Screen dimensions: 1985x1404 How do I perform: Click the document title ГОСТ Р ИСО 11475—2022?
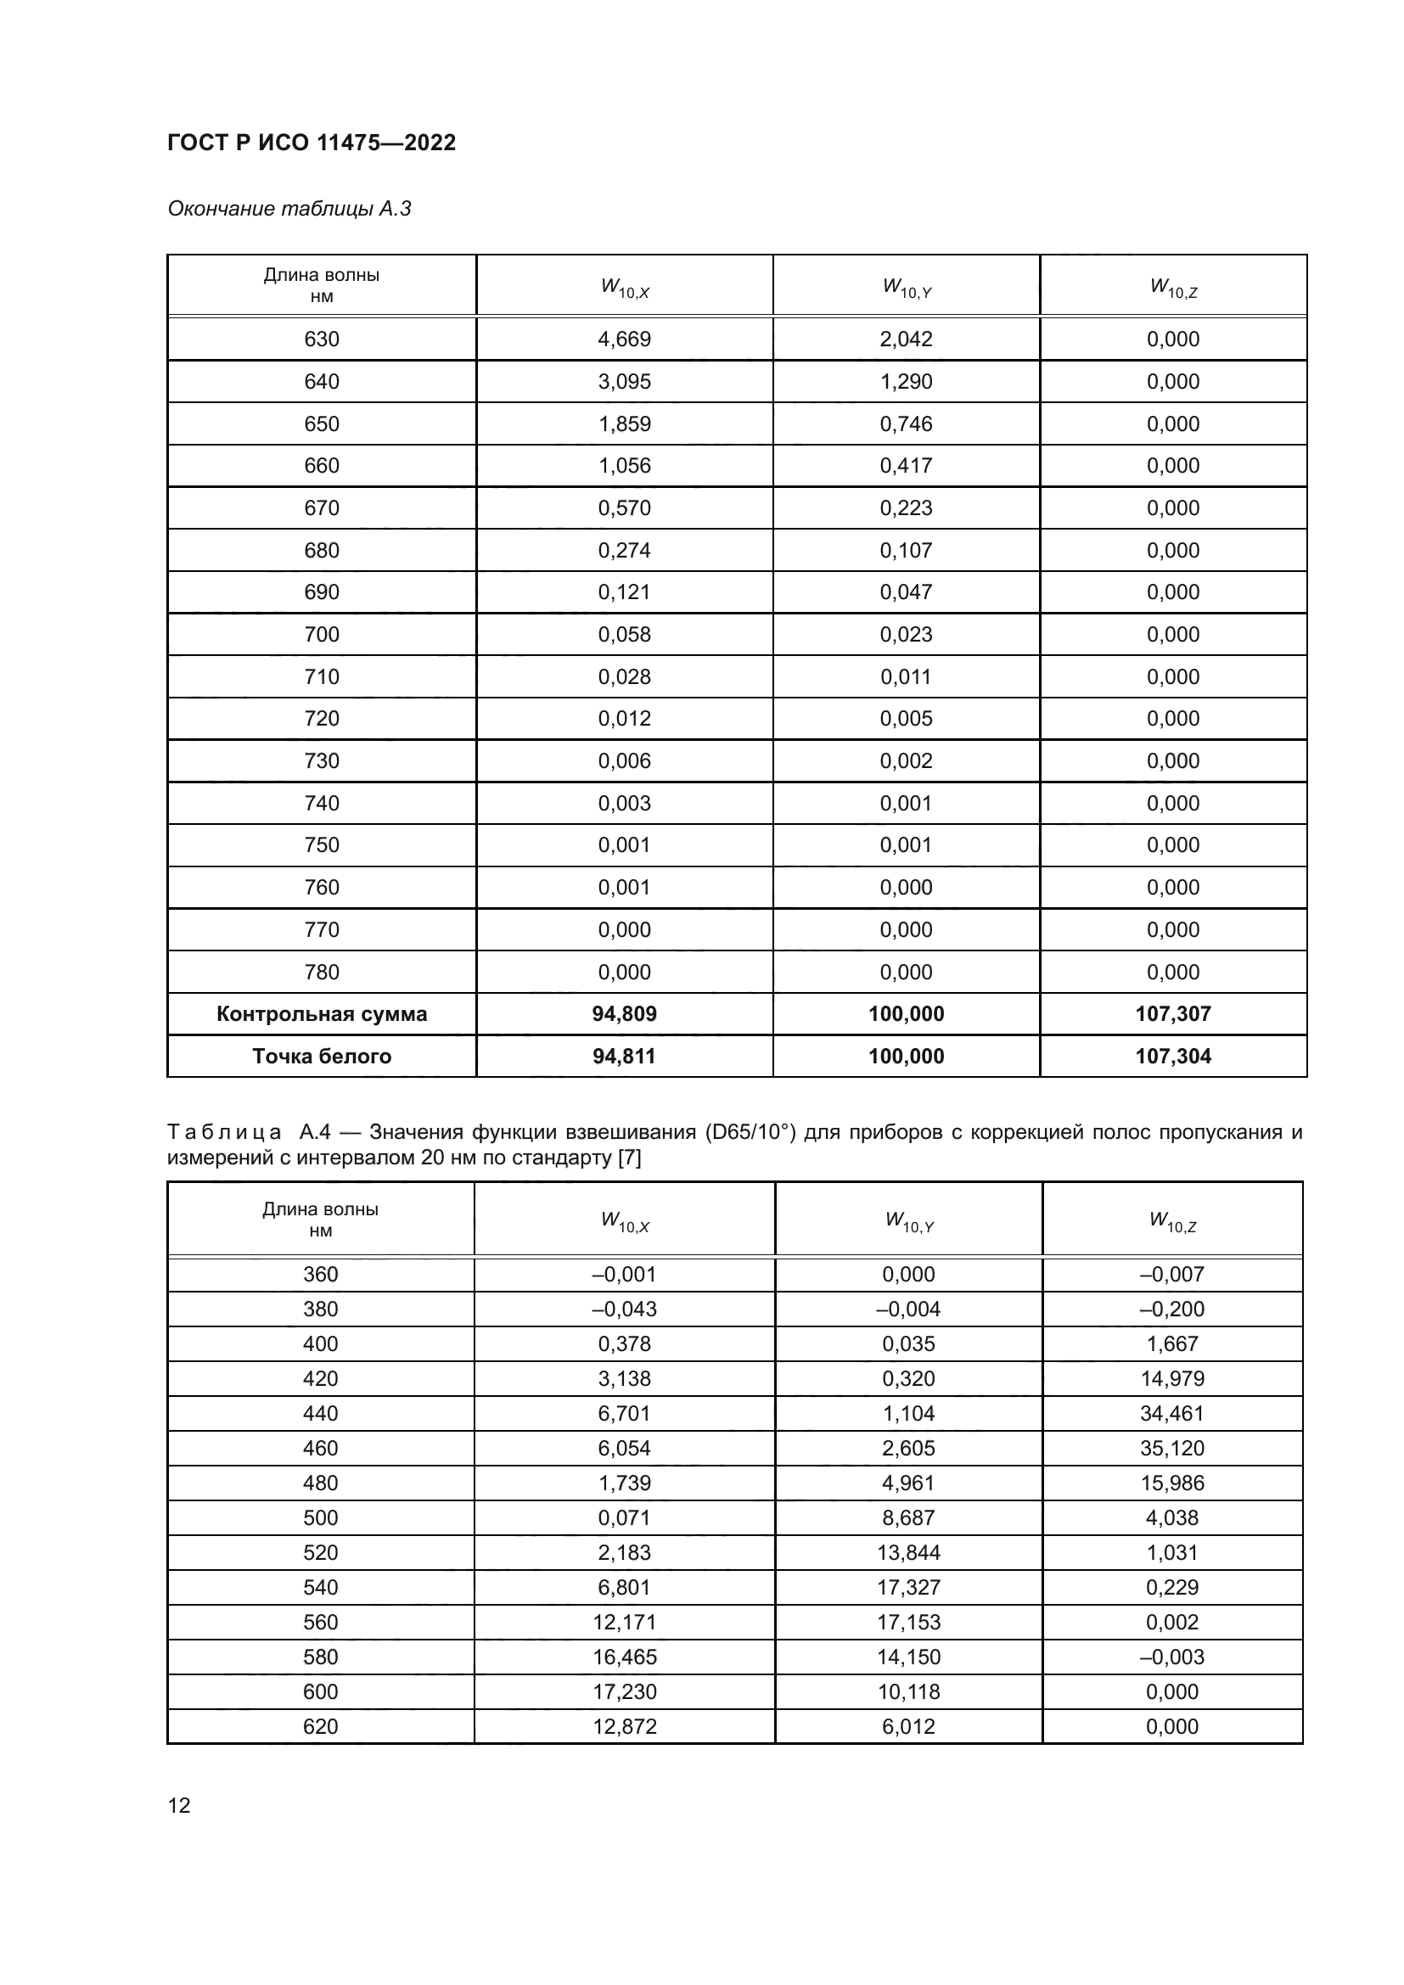(312, 143)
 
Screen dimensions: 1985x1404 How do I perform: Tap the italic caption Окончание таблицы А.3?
(289, 209)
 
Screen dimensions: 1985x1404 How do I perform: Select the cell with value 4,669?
(624, 339)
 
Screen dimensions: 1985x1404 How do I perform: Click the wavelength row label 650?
(322, 423)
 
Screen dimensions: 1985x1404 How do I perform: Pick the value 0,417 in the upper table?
(906, 466)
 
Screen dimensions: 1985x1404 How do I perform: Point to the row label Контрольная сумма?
(322, 1014)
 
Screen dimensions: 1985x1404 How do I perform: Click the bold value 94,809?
(624, 1014)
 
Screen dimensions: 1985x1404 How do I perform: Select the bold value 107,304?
(1173, 1057)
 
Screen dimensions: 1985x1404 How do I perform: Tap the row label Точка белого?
(322, 1057)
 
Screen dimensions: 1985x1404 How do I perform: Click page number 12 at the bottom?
(179, 1805)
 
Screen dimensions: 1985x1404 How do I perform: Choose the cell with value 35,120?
(1172, 1448)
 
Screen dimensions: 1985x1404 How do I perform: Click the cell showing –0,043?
(624, 1309)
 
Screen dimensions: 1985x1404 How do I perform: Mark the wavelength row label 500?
(321, 1517)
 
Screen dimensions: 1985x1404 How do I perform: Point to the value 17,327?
(908, 1587)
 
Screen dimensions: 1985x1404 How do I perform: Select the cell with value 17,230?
(624, 1692)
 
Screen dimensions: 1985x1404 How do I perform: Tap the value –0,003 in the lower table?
(1172, 1657)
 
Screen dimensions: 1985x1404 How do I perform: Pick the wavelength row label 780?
(322, 972)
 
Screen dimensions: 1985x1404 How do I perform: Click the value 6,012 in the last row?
(908, 1726)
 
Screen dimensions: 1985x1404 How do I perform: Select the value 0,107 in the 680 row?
(906, 551)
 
